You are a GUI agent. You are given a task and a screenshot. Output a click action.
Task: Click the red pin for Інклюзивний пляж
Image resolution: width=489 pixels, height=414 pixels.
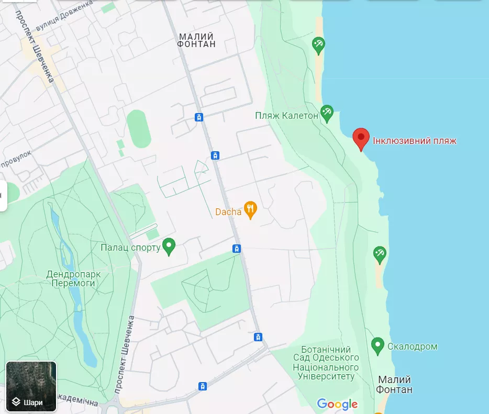coord(361,139)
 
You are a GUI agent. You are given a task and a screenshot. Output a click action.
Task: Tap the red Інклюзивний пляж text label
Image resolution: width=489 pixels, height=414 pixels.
coord(414,141)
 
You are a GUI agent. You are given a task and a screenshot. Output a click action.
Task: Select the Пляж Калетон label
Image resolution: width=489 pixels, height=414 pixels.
coord(286,116)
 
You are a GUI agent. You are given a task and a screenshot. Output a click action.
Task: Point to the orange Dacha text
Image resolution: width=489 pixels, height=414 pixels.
coord(228,212)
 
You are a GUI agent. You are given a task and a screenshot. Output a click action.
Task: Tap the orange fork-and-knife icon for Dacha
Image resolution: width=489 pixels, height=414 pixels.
coord(251,210)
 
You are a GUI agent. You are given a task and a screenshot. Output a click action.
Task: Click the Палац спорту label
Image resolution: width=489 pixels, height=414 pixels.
coord(130,248)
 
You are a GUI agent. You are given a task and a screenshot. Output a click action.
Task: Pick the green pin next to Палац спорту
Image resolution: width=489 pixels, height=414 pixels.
coord(169,247)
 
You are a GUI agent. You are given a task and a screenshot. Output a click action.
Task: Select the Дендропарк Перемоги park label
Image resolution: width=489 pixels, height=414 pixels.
coord(73,278)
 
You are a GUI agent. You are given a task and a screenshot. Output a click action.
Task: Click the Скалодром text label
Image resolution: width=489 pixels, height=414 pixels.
coord(412,346)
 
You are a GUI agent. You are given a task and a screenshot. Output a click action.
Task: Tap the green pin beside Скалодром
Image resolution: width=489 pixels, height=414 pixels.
coord(377,345)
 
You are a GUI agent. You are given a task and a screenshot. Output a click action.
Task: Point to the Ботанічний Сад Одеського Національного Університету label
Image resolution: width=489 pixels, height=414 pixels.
coord(326,363)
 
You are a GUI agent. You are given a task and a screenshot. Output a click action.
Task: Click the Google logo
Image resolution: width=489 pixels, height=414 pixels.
coord(337,404)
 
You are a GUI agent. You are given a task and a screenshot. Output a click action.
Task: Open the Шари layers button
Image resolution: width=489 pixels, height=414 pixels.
coord(31,387)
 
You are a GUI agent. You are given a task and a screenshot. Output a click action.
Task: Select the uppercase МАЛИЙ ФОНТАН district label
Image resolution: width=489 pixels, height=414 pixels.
coord(196,40)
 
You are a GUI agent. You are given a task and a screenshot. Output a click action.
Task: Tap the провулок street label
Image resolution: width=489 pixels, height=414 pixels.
coord(16,160)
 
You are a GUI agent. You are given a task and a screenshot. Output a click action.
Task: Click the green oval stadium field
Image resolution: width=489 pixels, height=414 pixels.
coord(139,128)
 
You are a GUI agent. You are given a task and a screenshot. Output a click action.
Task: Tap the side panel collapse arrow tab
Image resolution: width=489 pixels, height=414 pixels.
coord(3,196)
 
